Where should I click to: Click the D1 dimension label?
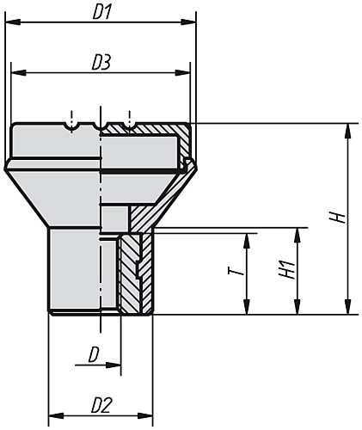(102, 13)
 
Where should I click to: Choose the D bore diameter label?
(93, 353)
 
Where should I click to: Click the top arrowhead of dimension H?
(348, 130)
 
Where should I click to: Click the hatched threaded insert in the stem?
(129, 271)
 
